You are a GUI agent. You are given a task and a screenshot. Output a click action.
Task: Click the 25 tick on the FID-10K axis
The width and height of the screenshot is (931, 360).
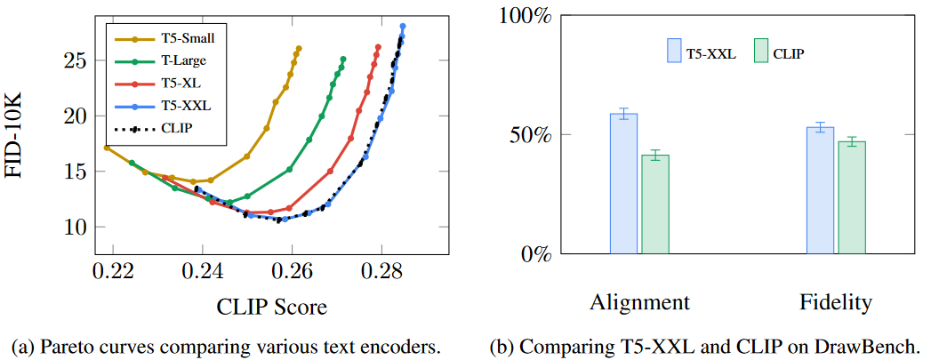pos(75,60)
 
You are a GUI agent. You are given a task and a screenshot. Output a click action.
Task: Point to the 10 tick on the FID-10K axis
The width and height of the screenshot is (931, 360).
pos(75,227)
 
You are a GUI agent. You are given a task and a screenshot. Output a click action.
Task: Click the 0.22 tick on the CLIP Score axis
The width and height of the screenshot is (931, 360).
pos(113,271)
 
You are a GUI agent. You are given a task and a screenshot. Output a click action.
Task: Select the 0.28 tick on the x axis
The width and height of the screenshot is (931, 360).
pos(381,271)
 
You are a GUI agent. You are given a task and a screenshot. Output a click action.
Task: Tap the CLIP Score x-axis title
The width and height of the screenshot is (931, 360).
pos(271,308)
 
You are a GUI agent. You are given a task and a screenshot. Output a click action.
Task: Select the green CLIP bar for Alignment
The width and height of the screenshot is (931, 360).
pos(655,204)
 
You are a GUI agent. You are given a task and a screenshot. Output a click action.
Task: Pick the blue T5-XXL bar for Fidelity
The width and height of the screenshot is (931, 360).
pos(820,190)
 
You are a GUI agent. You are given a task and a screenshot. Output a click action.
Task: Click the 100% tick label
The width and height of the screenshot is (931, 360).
pos(527,16)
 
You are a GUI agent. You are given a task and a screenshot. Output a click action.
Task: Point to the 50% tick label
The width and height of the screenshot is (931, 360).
pos(533,135)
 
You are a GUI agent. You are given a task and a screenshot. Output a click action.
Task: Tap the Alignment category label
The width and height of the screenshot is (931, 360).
pos(639,302)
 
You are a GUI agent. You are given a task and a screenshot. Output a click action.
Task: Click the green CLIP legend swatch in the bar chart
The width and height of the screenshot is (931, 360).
pos(760,51)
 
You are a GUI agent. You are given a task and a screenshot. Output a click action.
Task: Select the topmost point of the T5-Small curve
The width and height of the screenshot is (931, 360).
pos(299,48)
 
